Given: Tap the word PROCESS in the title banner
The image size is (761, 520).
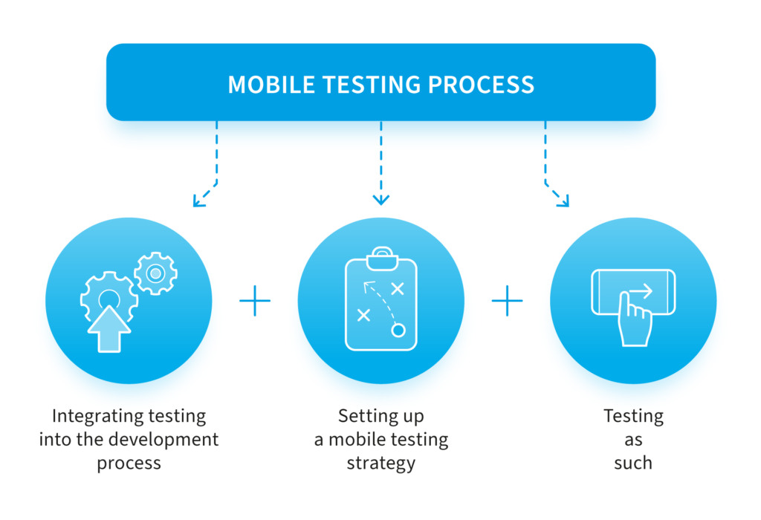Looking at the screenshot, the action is point(481,85).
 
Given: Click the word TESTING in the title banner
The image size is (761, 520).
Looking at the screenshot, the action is point(372,85).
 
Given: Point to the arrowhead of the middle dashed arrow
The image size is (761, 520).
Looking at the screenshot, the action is point(381,199).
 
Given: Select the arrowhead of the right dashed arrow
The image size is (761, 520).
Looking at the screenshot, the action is point(563,201).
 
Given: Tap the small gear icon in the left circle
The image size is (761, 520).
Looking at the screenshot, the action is point(156,273).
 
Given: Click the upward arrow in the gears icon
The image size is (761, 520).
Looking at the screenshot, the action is point(109,329).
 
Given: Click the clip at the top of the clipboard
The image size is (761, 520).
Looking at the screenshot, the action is point(382,259).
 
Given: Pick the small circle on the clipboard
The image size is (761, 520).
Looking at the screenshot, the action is point(398,331).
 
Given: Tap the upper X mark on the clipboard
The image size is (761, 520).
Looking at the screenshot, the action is point(398,289).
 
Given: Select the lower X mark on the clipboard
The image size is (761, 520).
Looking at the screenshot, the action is point(363,315).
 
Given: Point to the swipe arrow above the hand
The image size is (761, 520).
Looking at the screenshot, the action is point(641,291).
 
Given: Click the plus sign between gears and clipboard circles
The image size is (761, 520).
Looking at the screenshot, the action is point(255,301).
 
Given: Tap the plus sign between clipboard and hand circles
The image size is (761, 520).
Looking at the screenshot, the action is point(507,301).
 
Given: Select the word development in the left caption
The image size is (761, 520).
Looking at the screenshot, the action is point(163,440).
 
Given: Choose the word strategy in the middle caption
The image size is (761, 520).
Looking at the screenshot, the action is point(381,464).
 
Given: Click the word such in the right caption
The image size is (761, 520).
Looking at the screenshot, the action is point(633,463).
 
